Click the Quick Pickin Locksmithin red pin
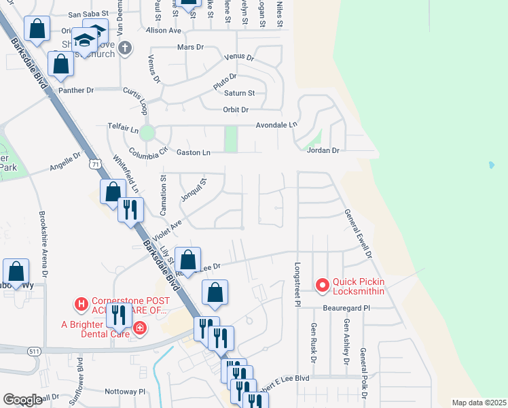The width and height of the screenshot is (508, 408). pos(323,285)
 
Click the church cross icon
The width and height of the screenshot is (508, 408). pos(124,47)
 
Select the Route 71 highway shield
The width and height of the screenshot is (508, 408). pos(96,165)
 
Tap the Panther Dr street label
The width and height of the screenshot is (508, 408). pos(75,90)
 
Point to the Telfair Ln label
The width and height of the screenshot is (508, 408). pos(123,126)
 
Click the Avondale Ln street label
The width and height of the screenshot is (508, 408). pos(276,125)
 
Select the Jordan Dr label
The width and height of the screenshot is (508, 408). pos(323,150)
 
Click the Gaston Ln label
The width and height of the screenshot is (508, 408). pos(193,153)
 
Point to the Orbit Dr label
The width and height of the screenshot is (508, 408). pos(236,109)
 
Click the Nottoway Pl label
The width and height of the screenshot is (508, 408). pos(125,392)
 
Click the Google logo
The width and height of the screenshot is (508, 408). pos(22,401)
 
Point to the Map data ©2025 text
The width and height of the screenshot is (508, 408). pos(478,403)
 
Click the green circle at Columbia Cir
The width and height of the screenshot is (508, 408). pos(148,133)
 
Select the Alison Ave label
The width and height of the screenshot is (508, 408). pos(164,31)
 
